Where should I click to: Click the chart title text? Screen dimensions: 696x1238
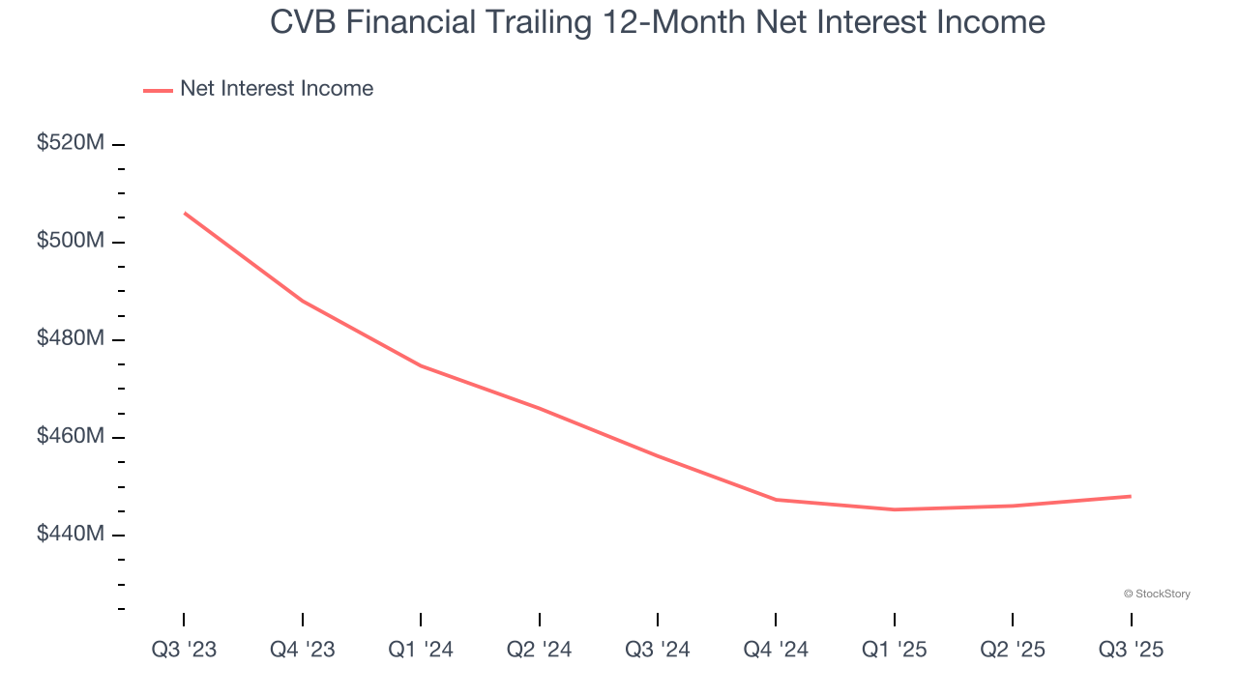658,22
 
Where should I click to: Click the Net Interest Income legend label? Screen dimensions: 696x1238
276,89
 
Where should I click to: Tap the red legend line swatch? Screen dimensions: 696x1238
158,90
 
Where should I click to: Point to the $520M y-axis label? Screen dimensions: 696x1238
70,143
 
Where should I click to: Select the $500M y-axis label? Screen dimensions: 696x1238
70,241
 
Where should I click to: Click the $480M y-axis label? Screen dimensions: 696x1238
70,338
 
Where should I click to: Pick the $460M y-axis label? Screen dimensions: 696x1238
70,436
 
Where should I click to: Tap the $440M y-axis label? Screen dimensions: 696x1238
70,534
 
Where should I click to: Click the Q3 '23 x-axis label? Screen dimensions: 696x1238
184,650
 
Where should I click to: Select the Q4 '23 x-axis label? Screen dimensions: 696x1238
303,650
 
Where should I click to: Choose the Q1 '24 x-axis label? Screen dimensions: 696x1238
421,650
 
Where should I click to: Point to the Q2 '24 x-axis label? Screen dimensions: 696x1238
540,650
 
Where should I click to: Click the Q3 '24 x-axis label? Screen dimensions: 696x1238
658,650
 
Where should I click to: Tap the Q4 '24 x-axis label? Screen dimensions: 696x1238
776,650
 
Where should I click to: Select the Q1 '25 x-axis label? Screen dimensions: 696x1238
895,650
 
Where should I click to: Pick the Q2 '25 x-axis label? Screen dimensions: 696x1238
1013,650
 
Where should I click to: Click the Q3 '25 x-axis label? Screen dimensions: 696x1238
1132,650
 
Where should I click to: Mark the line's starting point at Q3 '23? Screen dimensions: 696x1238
184,213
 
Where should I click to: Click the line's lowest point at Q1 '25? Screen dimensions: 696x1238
895,509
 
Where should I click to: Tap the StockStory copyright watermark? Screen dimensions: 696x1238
1157,594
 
